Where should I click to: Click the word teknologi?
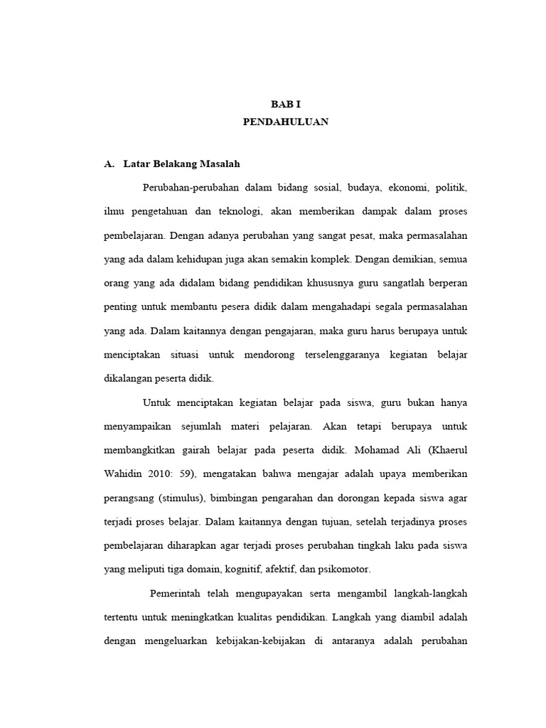point(240,212)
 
